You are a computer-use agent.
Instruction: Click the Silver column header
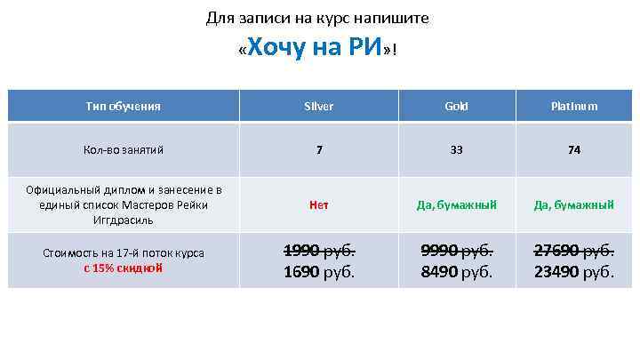318,107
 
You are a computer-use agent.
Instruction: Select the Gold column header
456,107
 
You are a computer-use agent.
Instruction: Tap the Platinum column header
573,107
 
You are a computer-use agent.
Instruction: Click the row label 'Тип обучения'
124,107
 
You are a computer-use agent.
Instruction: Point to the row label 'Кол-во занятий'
124,150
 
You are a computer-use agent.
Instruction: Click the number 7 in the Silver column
318,150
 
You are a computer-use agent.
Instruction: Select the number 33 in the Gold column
456,150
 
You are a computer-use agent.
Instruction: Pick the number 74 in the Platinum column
574,150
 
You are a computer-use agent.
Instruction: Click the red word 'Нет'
318,204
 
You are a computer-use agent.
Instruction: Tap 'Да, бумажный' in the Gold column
456,204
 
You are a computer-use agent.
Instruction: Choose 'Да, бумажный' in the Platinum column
574,204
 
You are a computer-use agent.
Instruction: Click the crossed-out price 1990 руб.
318,250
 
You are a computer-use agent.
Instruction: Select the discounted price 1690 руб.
318,272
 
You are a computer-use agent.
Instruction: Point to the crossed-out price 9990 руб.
456,250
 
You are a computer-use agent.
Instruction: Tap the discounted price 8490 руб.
456,272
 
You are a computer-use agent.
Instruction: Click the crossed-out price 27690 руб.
574,250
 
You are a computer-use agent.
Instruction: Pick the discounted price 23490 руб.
574,272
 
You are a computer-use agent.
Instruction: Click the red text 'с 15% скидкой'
124,268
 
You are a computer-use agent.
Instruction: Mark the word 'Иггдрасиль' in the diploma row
124,220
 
